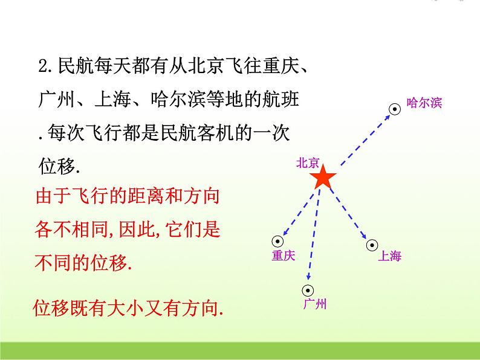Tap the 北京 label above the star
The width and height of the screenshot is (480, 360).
tap(307, 162)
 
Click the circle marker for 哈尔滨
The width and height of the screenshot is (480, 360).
tap(394, 109)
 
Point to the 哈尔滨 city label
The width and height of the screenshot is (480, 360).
tap(424, 103)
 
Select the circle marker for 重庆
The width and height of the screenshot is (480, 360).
tap(278, 240)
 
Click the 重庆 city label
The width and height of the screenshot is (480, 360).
tap(283, 256)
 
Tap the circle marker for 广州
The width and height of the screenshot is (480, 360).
tap(307, 289)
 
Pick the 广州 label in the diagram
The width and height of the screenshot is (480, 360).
tap(314, 304)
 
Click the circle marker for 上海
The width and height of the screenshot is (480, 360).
tap(371, 245)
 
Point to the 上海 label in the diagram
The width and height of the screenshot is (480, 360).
tap(389, 256)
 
